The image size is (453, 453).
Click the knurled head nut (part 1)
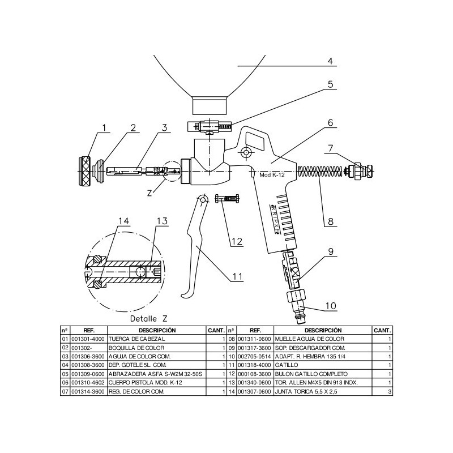(84, 172)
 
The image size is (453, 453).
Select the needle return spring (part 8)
(320, 172)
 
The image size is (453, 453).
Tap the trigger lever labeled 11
(194, 246)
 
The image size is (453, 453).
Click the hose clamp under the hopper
(210, 127)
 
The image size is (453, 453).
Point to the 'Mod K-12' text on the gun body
(272, 175)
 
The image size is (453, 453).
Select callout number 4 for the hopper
(330, 61)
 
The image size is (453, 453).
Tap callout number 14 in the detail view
(123, 221)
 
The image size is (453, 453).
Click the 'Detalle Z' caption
(148, 319)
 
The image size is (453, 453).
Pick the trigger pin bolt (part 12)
(227, 199)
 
